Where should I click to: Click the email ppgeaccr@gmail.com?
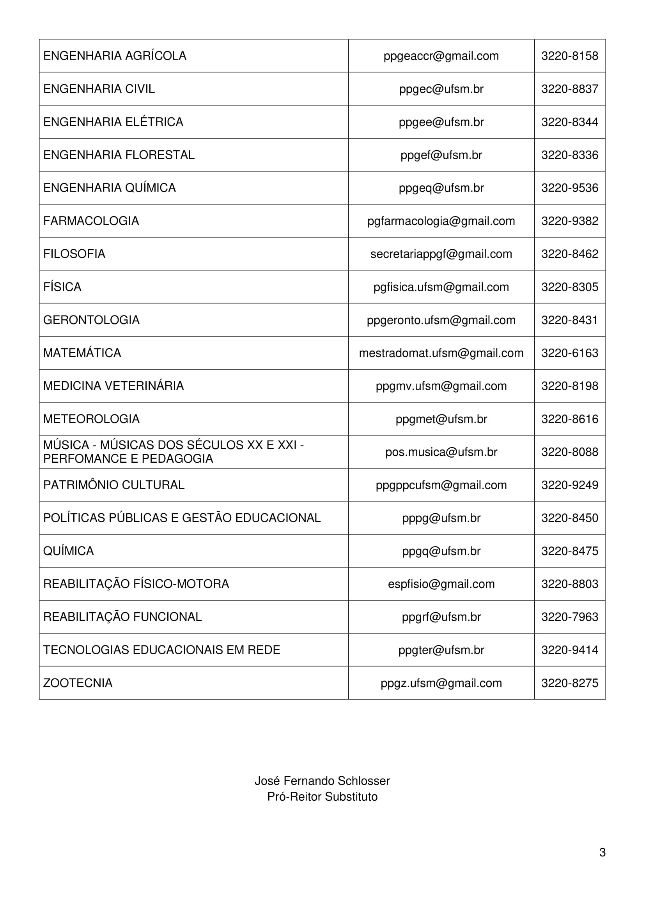(x=441, y=56)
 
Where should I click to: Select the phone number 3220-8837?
(x=569, y=89)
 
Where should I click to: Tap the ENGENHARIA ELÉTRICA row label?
(x=113, y=122)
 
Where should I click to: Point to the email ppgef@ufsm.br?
(x=441, y=155)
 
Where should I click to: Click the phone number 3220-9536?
(x=569, y=188)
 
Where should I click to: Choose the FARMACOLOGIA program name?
(x=91, y=220)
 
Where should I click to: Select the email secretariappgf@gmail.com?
(x=441, y=254)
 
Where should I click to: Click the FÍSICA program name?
(x=62, y=287)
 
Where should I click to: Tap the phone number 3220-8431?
(x=569, y=320)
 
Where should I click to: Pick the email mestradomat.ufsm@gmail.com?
(x=441, y=353)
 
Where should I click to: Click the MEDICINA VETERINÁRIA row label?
(x=113, y=386)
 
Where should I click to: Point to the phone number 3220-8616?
(x=569, y=419)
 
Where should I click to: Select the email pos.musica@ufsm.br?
(x=441, y=452)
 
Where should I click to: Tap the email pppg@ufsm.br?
(x=441, y=518)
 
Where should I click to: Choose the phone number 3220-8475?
(x=569, y=551)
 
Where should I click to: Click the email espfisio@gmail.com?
(x=441, y=584)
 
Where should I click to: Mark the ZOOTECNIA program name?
(x=78, y=683)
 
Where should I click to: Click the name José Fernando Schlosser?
(x=322, y=781)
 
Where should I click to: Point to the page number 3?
(x=602, y=852)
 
